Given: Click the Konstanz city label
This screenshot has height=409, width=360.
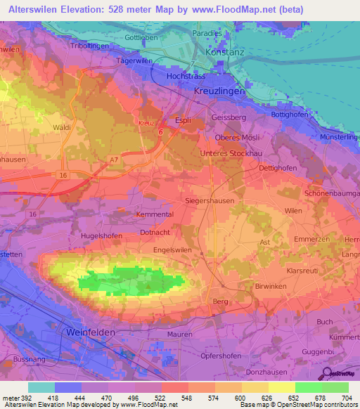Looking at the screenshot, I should click(224, 52).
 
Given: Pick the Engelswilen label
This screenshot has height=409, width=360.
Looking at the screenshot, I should click(174, 249).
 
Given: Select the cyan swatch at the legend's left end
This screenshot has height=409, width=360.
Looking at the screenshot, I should click(41, 387).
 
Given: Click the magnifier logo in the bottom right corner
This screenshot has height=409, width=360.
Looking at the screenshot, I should click(328, 374).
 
